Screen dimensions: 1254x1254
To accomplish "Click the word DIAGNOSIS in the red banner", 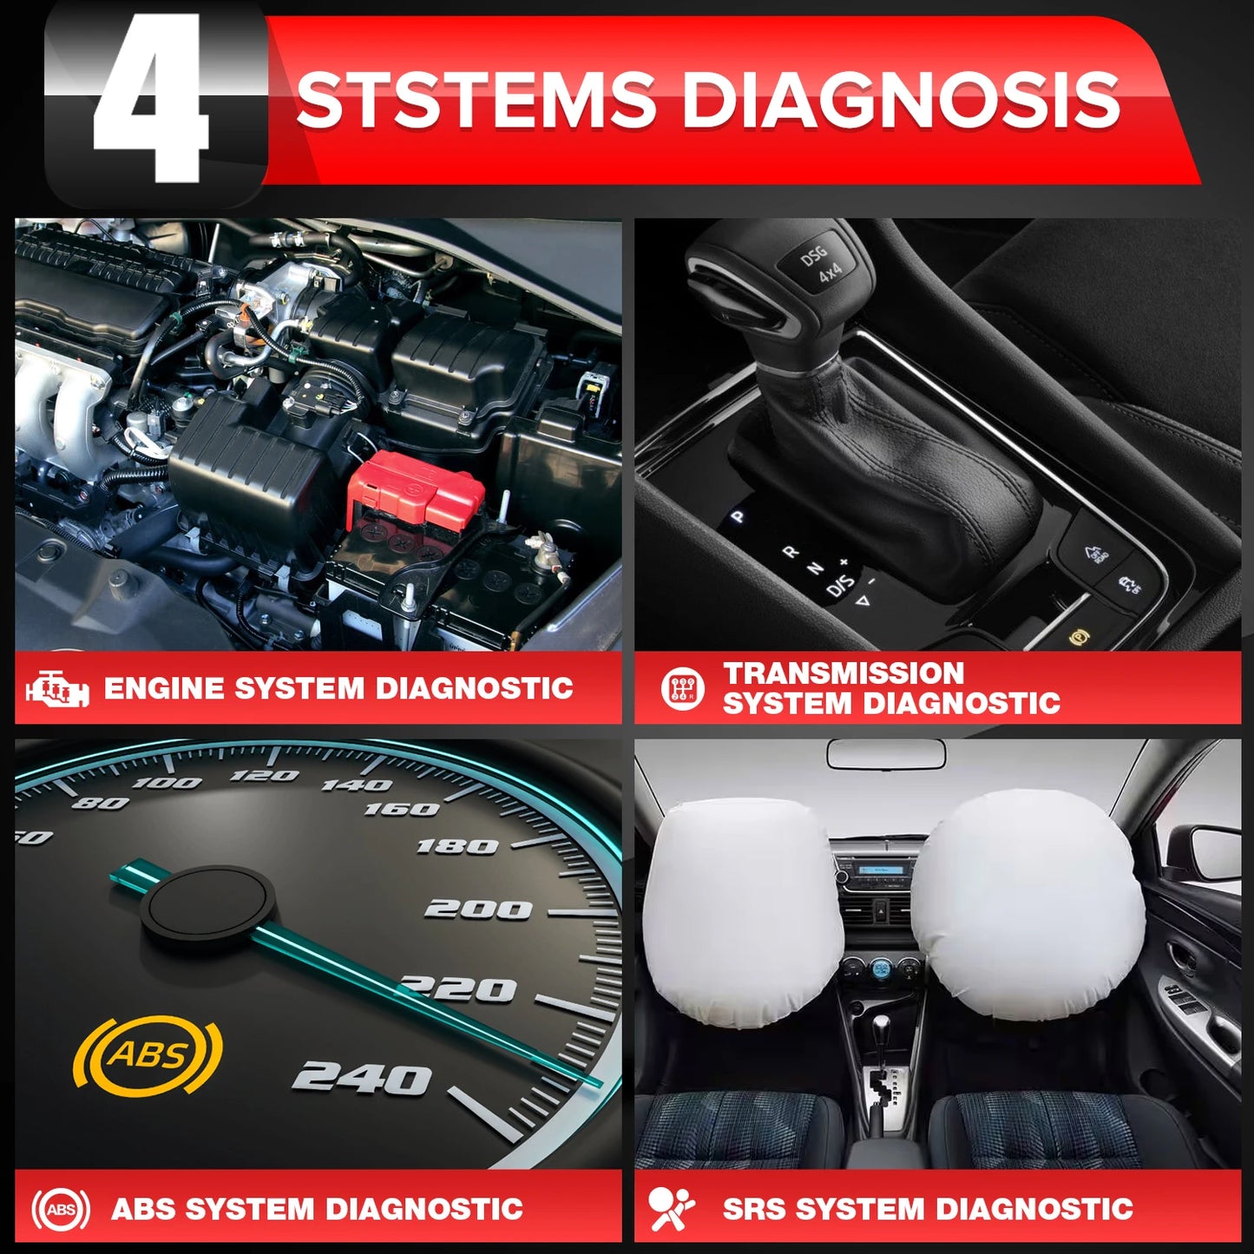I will (x=900, y=101).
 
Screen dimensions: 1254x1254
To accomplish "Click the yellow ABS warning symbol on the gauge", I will (x=148, y=1054).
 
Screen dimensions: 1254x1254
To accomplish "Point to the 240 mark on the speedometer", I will (x=362, y=1078).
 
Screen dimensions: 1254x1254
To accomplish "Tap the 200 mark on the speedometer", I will (x=478, y=909).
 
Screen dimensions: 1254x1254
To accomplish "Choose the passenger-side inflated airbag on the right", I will (x=1027, y=907).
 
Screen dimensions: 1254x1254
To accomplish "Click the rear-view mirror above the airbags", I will (x=886, y=753).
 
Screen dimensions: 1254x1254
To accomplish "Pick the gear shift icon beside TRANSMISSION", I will (x=683, y=689).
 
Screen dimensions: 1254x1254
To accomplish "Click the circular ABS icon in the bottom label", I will (x=60, y=1210).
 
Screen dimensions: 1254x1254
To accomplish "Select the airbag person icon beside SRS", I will (x=672, y=1209).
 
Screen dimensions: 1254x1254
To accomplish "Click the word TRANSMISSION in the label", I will (x=844, y=673).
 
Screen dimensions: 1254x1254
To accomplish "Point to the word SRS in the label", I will (x=753, y=1209).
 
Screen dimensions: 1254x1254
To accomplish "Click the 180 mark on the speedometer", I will (x=457, y=845).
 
